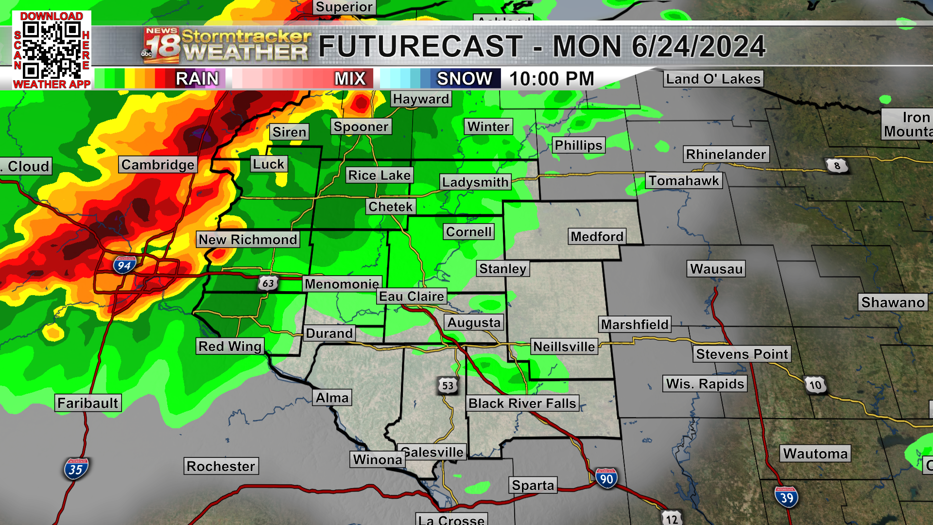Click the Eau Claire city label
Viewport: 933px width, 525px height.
(x=412, y=297)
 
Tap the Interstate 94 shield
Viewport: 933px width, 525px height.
(x=124, y=265)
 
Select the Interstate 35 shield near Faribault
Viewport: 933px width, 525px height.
(x=76, y=469)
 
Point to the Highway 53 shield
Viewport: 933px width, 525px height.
(x=448, y=385)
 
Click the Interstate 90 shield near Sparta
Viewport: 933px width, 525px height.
(x=606, y=479)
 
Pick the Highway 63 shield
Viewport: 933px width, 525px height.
(x=268, y=283)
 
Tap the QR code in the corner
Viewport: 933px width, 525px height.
(x=52, y=50)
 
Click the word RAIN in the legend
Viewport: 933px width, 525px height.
(x=197, y=79)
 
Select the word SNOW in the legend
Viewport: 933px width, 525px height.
(x=464, y=79)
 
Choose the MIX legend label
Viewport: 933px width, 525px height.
(x=350, y=79)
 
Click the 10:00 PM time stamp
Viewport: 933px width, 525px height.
(x=552, y=79)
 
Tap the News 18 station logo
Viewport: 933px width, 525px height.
(x=161, y=46)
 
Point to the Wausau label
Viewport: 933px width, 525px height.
(x=716, y=269)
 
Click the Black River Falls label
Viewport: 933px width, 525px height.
(x=522, y=403)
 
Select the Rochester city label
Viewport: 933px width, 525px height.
(x=221, y=466)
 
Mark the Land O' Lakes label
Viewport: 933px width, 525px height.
(x=713, y=79)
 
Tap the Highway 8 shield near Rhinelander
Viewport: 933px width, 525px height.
(x=837, y=166)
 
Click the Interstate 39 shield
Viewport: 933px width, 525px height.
(x=786, y=497)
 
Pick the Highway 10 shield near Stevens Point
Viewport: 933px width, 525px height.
(x=815, y=385)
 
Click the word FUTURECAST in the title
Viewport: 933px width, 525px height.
(x=420, y=47)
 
